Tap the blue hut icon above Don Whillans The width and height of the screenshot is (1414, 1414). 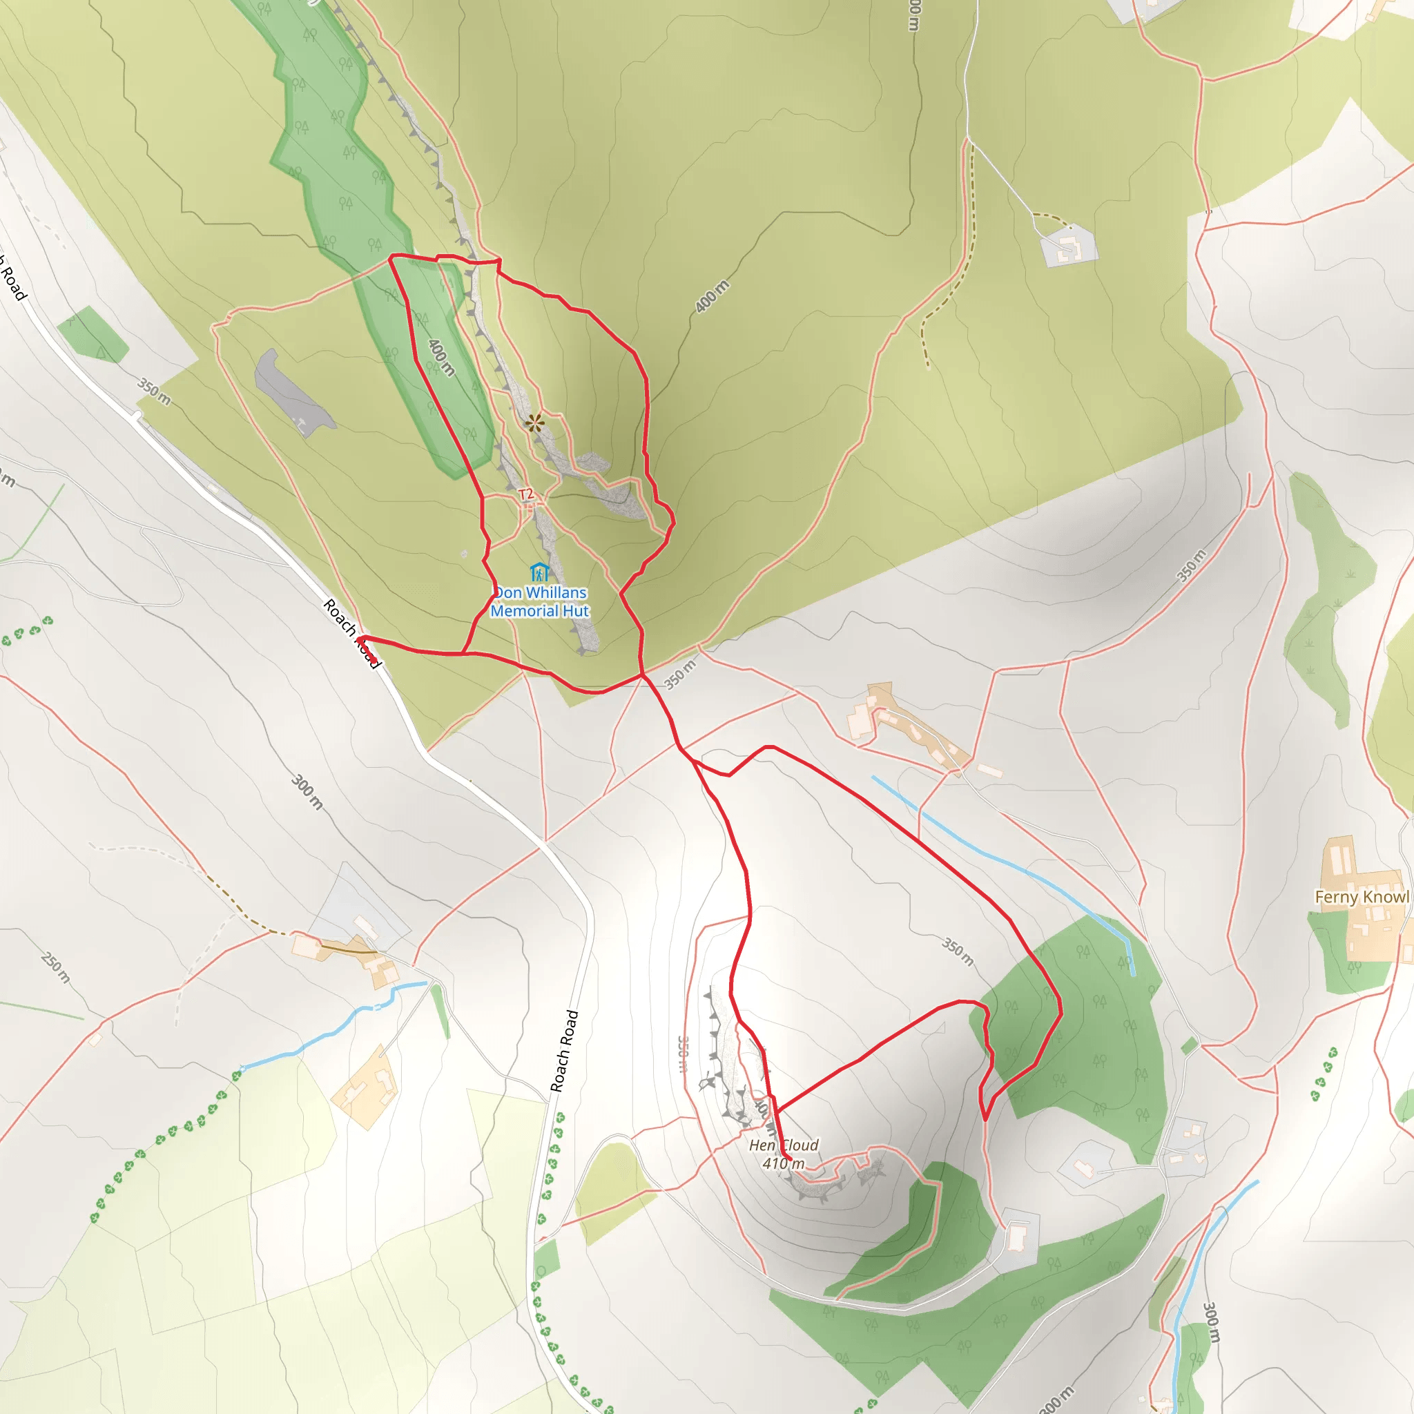coord(539,572)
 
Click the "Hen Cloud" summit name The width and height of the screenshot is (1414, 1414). coord(784,1145)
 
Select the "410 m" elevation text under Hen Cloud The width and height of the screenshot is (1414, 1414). coord(783,1163)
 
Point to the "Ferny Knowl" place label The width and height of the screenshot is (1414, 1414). coord(1362,898)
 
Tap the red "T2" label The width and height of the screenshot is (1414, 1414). coord(526,495)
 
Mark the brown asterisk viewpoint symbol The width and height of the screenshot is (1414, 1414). coord(535,423)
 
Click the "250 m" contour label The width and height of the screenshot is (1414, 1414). coord(56,967)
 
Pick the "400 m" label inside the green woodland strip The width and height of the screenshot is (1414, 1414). coord(441,357)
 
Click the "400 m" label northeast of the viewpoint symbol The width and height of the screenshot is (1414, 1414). coord(712,296)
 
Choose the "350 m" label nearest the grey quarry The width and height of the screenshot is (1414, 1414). coord(155,392)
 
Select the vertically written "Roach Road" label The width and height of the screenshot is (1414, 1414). coord(564,1051)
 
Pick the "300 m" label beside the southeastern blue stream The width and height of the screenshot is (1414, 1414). coord(1211,1321)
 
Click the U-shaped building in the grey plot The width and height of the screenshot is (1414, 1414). coord(1068,248)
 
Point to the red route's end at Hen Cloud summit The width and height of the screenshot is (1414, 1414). coord(787,1159)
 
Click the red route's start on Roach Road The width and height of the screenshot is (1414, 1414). coord(374,662)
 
